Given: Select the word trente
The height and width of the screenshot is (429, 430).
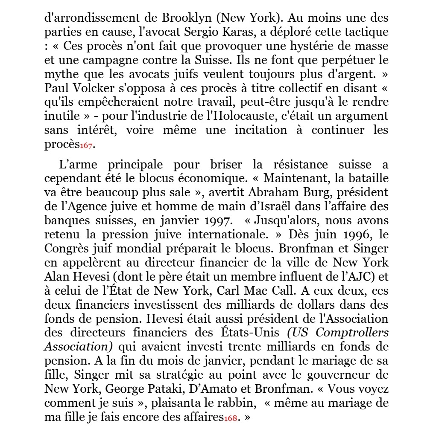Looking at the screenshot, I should coord(237,346).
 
